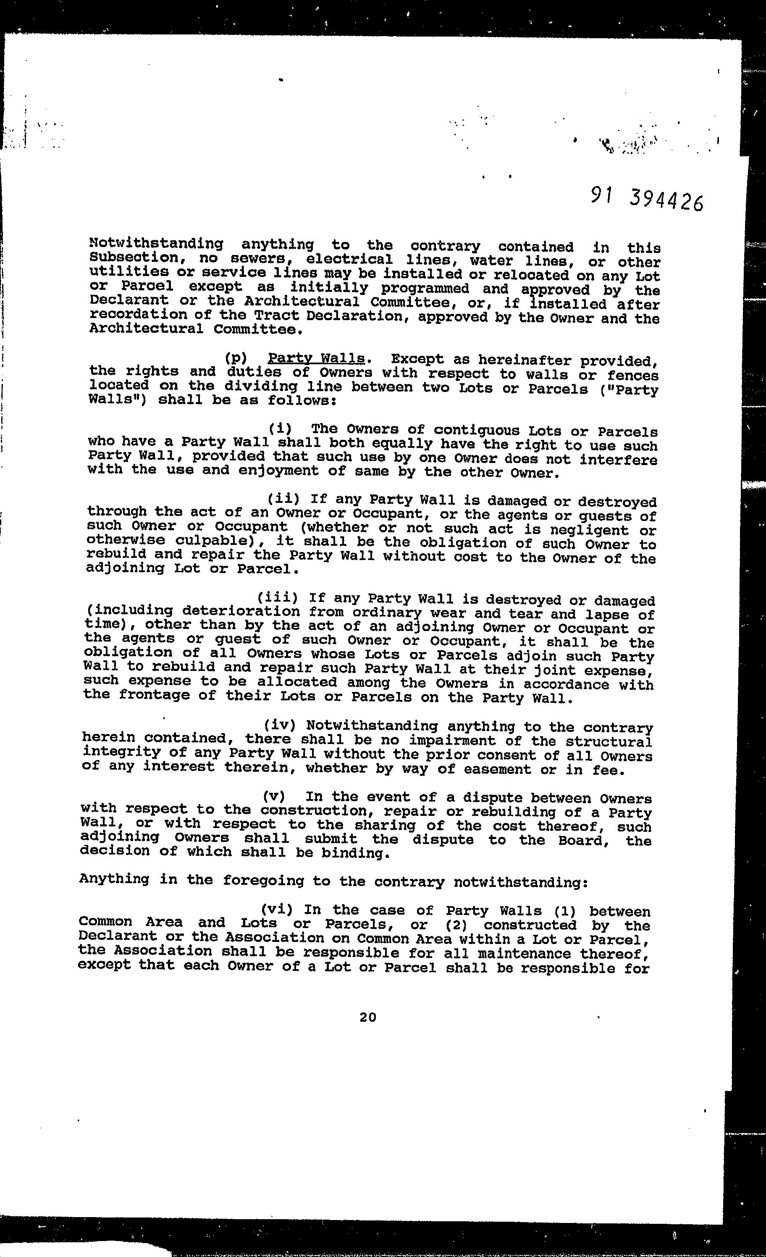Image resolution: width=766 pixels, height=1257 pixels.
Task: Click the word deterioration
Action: coord(241,611)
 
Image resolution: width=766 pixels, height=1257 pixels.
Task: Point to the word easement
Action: coord(497,768)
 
